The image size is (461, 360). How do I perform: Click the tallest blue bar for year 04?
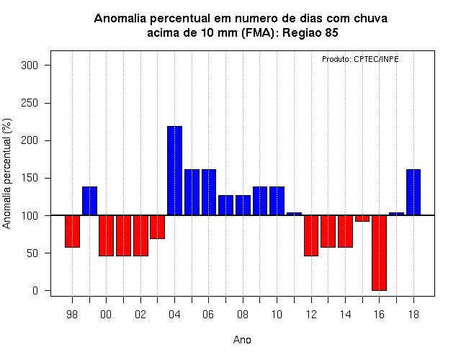pos(174,171)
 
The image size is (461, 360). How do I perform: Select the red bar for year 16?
pos(380,253)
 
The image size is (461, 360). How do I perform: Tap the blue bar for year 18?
pos(413,192)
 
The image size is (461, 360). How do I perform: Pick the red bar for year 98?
pos(72,231)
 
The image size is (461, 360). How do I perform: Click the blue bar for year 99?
pos(89,201)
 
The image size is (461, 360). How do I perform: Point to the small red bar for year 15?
pos(362,218)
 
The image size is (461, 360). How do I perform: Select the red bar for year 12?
pos(311,235)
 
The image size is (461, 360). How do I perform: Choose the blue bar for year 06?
pos(209,192)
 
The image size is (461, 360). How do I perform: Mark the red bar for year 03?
pos(157,227)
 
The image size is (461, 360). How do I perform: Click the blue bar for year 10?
pos(277,201)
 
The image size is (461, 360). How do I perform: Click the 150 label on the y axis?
pos(30,178)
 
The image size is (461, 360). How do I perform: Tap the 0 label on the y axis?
pos(35,291)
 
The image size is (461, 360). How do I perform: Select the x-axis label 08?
pos(243,315)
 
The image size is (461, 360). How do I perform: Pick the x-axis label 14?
pos(345,315)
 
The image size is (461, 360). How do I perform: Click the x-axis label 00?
pos(106,315)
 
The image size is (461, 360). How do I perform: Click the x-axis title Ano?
pos(242,340)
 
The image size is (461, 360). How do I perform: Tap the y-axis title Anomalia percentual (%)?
pos(6,174)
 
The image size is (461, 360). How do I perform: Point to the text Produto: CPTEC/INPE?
pos(360,59)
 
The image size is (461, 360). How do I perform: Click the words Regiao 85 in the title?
pos(310,32)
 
